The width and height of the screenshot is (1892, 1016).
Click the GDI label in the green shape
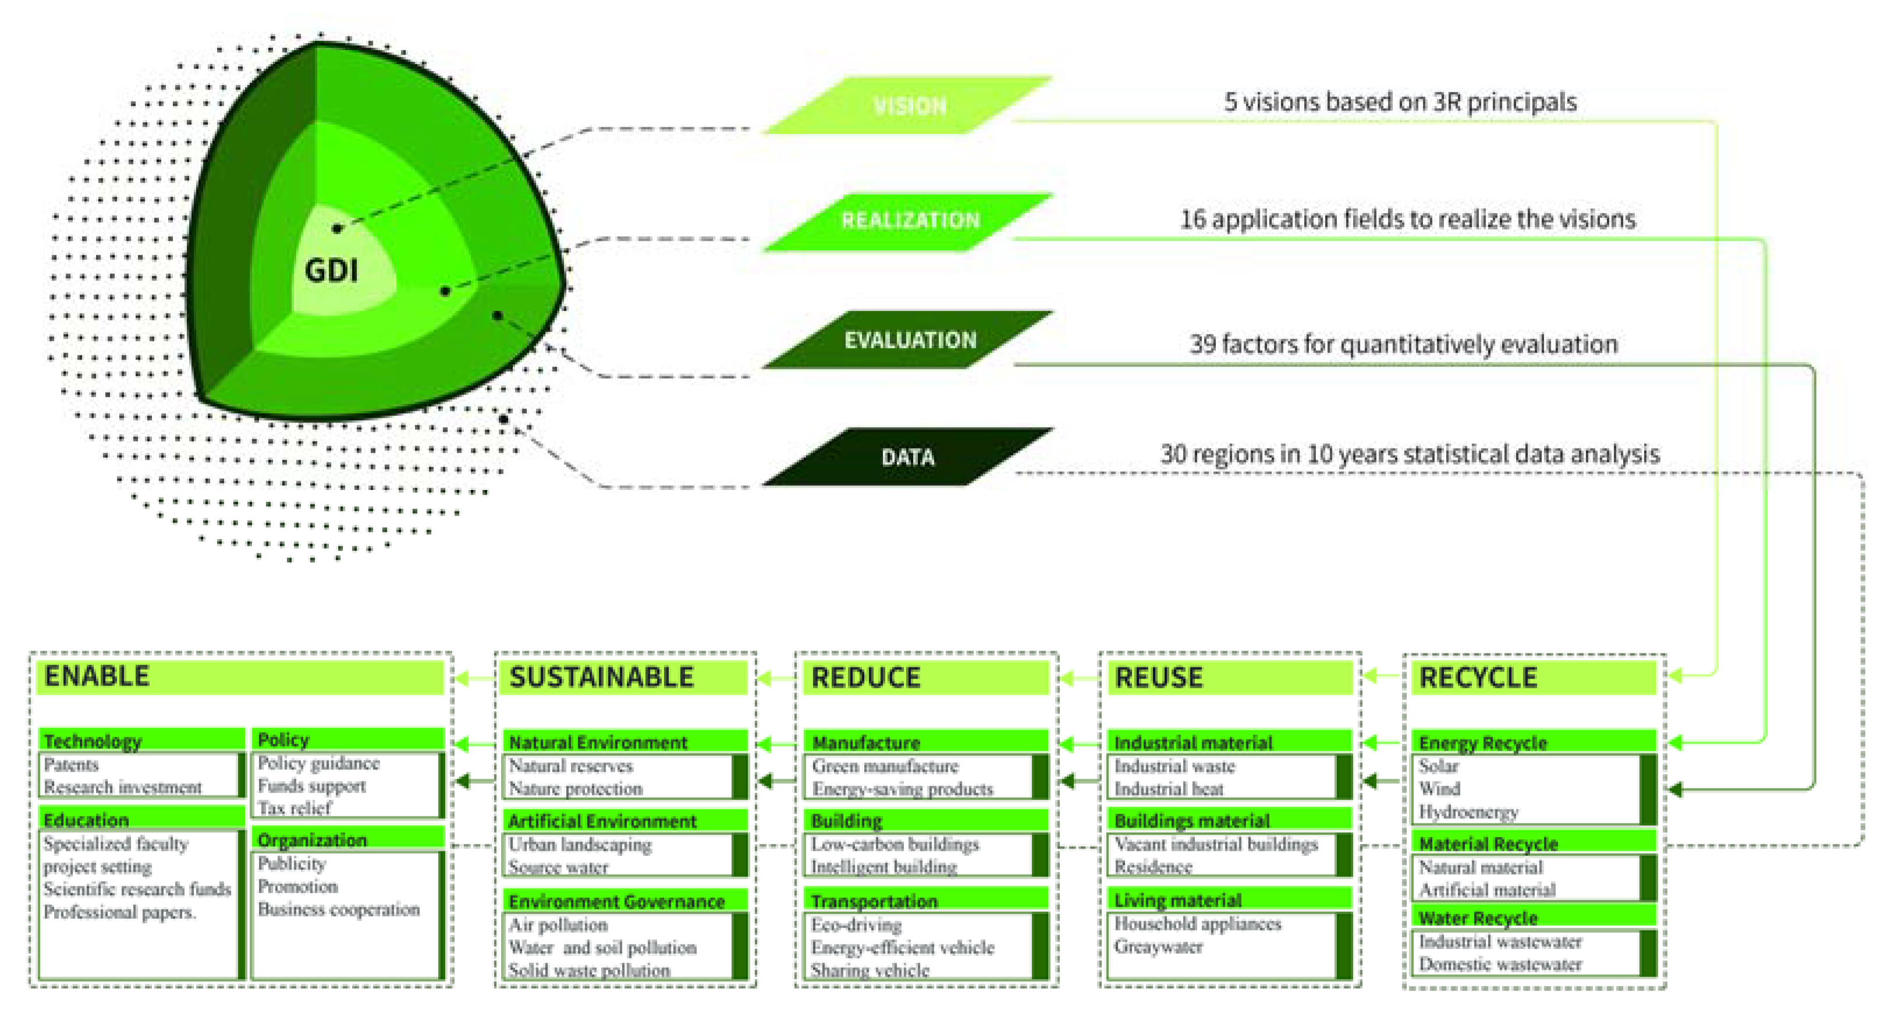(x=331, y=271)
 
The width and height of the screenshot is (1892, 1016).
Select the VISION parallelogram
(x=909, y=105)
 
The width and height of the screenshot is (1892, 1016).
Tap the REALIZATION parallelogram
(x=909, y=221)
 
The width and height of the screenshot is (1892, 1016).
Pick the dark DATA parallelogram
(x=908, y=457)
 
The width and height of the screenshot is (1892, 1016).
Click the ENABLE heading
(x=97, y=676)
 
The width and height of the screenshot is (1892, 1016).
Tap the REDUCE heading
(x=865, y=677)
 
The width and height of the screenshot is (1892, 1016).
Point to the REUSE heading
(x=1158, y=677)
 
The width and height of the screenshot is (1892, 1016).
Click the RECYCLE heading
(x=1478, y=677)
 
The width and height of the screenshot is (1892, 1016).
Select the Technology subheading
(x=93, y=741)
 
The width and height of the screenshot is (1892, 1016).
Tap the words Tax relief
(x=294, y=808)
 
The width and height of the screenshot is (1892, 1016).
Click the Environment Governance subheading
(x=616, y=901)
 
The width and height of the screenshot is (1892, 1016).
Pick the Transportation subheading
(x=874, y=901)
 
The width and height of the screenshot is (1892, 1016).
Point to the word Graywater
(x=1158, y=946)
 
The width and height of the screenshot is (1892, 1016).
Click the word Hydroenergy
(x=1468, y=812)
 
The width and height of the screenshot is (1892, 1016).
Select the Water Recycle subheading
(x=1478, y=918)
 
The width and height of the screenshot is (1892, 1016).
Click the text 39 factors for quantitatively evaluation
(x=1403, y=344)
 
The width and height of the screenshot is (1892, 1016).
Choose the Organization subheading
(x=312, y=840)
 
